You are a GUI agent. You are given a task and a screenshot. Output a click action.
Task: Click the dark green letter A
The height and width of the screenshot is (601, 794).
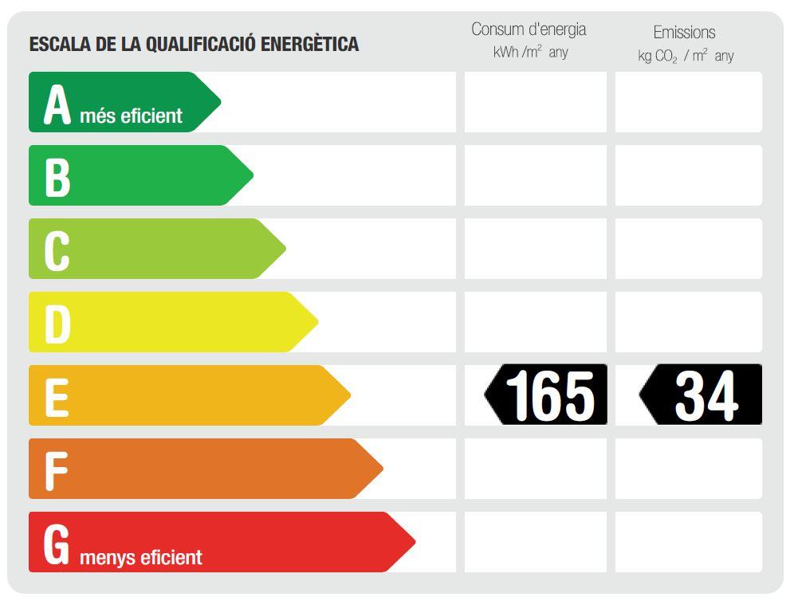click(x=57, y=104)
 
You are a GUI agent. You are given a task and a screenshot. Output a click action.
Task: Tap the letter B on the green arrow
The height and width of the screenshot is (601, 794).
click(x=57, y=177)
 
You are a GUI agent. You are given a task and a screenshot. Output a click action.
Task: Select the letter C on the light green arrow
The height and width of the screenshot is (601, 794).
click(x=57, y=250)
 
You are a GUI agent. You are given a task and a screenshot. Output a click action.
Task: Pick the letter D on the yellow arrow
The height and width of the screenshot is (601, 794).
click(x=57, y=324)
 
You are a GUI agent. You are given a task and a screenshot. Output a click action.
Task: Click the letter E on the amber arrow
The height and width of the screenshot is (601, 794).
click(x=57, y=397)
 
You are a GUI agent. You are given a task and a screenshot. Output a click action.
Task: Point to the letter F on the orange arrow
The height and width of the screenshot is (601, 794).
click(x=56, y=470)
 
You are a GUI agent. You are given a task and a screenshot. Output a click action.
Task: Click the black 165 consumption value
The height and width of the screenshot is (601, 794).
click(x=550, y=395)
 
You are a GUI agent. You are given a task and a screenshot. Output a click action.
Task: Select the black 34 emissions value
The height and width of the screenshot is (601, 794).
click(x=706, y=395)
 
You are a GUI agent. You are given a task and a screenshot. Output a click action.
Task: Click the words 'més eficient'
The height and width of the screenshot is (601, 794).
click(x=132, y=116)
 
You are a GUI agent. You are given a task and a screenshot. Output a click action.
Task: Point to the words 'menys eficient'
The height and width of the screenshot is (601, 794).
click(x=141, y=557)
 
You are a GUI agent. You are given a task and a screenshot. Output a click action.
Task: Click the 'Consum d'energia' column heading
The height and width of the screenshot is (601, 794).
click(x=529, y=29)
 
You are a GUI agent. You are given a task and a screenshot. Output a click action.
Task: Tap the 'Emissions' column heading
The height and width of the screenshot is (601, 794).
click(x=684, y=33)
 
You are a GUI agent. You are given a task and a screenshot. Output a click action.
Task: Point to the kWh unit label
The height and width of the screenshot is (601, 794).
click(x=505, y=53)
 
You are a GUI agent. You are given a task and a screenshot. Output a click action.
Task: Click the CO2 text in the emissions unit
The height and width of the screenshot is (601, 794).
click(x=666, y=57)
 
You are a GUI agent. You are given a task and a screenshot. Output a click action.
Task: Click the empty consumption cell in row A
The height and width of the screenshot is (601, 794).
click(x=535, y=102)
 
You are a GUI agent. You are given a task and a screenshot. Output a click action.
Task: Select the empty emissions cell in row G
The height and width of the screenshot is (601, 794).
click(x=688, y=542)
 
